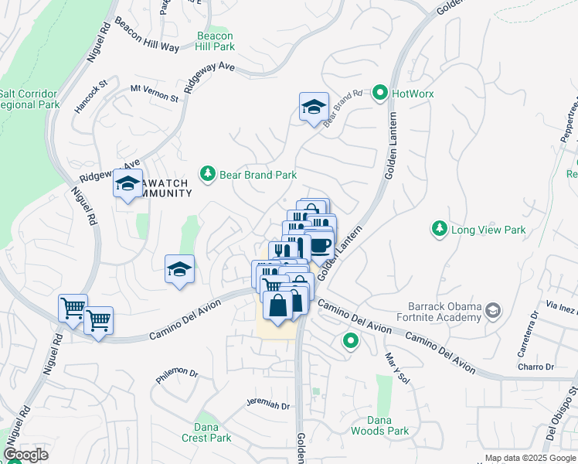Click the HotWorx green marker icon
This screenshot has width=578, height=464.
tap(379, 94)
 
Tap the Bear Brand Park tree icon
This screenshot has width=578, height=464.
tap(207, 175)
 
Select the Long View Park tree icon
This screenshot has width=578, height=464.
tap(439, 229)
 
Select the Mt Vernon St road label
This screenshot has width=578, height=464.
tap(154, 94)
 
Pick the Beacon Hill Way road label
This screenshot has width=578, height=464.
tap(147, 34)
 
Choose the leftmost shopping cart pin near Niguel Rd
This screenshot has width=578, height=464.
tap(73, 308)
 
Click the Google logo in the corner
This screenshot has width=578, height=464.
tap(25, 455)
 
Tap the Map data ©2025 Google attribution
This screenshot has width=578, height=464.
tap(529, 458)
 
